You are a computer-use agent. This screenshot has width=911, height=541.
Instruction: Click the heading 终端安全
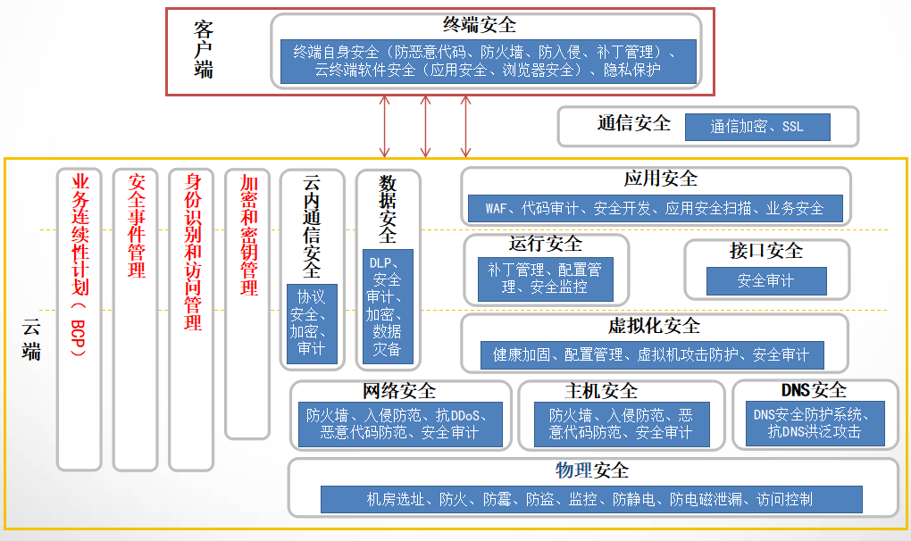[x=480, y=24]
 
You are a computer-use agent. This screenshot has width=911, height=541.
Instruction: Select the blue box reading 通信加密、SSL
[x=757, y=127]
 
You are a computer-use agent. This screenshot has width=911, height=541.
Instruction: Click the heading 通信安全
[x=633, y=123]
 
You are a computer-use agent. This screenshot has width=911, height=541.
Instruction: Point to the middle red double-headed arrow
[x=425, y=126]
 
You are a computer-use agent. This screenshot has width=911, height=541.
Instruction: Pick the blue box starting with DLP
[x=388, y=306]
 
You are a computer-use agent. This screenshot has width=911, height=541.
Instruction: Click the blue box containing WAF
[x=655, y=209]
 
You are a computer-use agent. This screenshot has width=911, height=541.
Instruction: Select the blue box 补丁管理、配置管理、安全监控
[x=545, y=279]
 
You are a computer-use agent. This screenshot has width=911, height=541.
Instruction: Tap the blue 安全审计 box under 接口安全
[x=765, y=281]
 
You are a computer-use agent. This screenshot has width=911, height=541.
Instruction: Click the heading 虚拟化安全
[x=654, y=325]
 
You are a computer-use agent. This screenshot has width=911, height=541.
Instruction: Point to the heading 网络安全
[x=399, y=390]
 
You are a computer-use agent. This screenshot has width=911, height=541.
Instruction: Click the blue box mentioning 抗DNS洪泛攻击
[x=815, y=423]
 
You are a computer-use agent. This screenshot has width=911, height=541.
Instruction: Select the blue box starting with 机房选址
[x=591, y=499]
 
